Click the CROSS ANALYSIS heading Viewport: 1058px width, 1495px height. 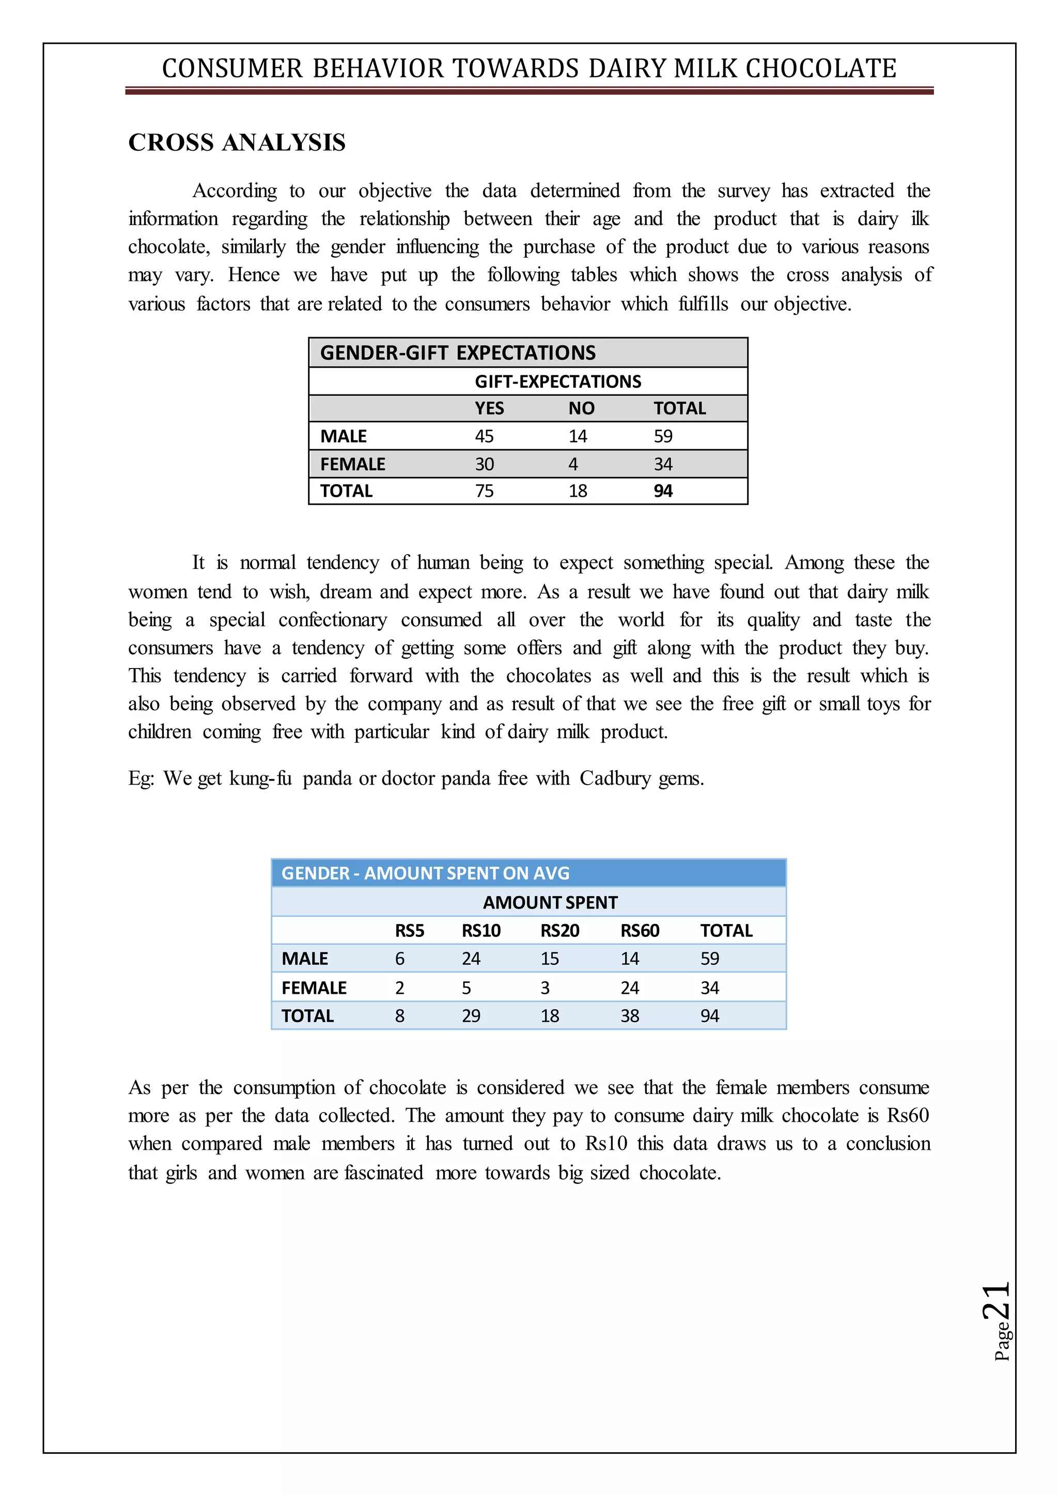point(237,142)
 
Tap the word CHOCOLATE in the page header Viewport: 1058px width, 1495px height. point(821,68)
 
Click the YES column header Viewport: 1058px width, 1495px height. point(489,408)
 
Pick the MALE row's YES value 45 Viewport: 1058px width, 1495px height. point(484,436)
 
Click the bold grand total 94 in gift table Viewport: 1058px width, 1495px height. point(663,491)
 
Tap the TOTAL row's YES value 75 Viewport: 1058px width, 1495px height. point(484,491)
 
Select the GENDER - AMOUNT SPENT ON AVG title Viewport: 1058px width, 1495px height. point(425,873)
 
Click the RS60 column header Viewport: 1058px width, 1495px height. point(639,930)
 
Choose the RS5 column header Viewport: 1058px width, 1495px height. point(409,930)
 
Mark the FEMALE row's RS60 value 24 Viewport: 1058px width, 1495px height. point(629,988)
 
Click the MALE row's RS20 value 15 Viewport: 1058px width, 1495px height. point(549,959)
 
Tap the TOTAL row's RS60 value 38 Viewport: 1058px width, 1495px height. point(629,1016)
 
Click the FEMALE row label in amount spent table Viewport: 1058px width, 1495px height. point(314,988)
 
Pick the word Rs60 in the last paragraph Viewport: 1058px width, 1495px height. point(908,1116)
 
